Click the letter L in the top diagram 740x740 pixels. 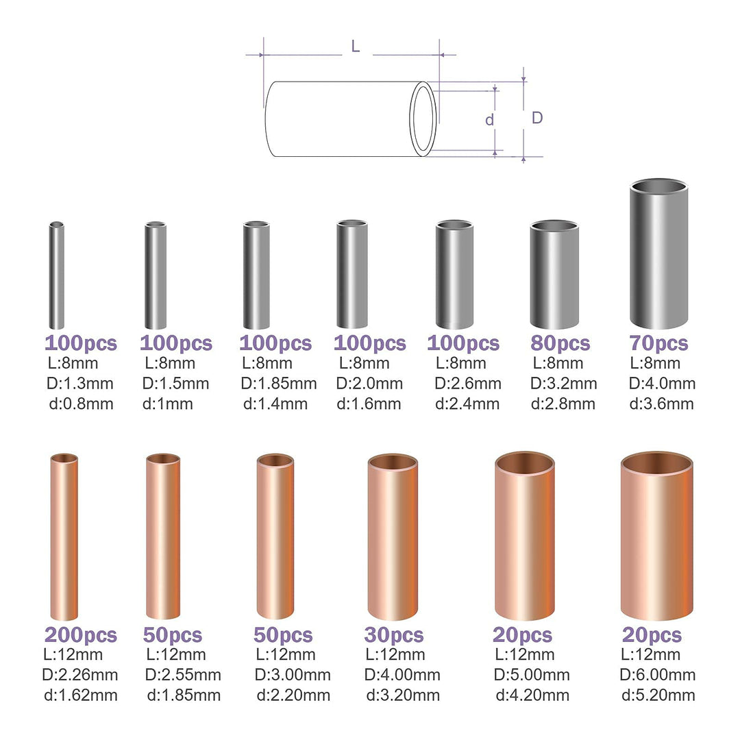coord(355,47)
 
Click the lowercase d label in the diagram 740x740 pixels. coord(489,120)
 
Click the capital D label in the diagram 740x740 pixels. coord(537,118)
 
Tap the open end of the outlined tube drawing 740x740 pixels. coord(423,119)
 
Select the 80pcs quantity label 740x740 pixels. coord(560,343)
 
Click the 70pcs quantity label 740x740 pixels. coord(658,343)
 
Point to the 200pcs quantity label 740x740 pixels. coord(81,635)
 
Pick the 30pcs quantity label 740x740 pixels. coord(394,635)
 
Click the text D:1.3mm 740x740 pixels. coord(79,384)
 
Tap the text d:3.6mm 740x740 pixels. coord(661,404)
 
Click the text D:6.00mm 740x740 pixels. coord(657,676)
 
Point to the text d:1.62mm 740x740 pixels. coord(81,695)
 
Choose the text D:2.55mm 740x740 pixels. coord(183,676)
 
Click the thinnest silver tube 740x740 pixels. coord(56,275)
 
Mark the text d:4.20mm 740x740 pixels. coord(532,695)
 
